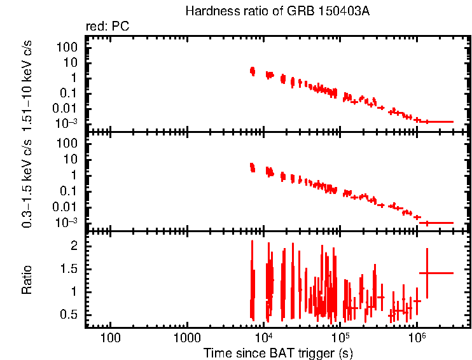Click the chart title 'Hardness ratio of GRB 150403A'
277,11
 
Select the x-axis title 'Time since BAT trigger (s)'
277,352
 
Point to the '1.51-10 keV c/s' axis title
27,83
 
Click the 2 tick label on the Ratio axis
74,245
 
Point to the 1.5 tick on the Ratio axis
70,268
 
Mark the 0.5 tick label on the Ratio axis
70,315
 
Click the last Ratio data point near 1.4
427,273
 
